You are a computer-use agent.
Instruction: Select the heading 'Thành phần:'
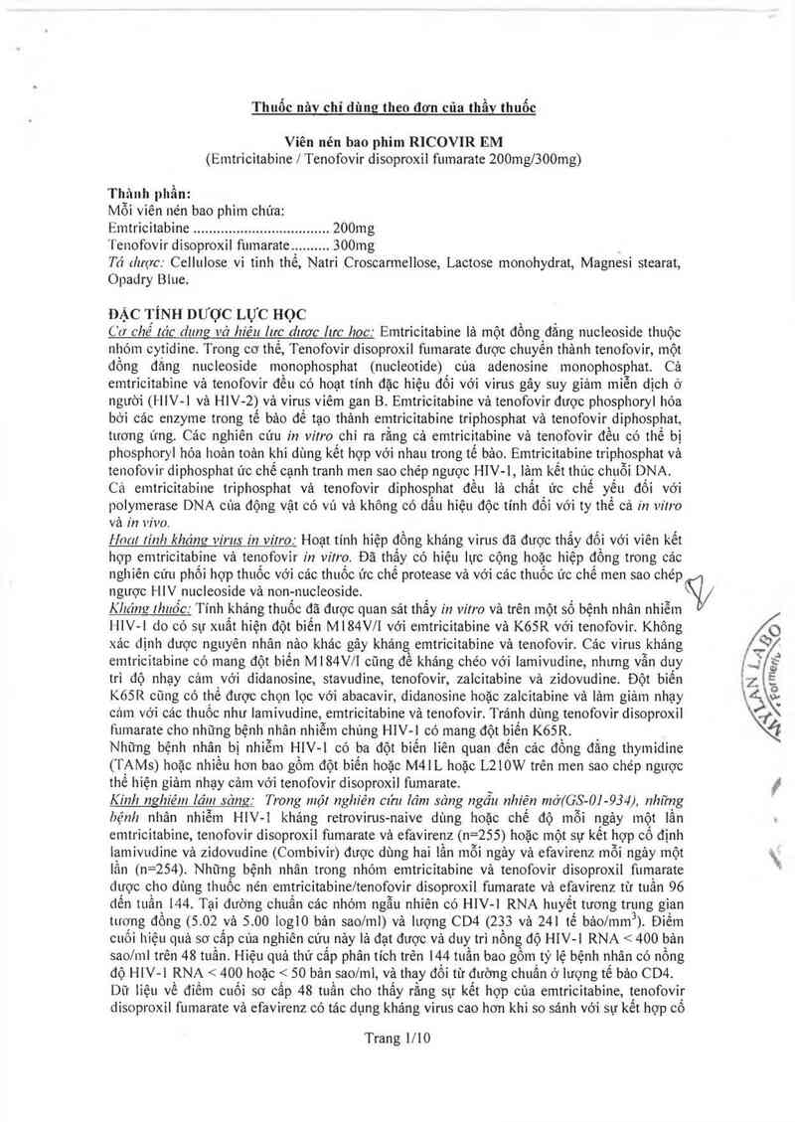(149, 194)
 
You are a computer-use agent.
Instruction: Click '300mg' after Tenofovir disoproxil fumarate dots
(355, 244)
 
